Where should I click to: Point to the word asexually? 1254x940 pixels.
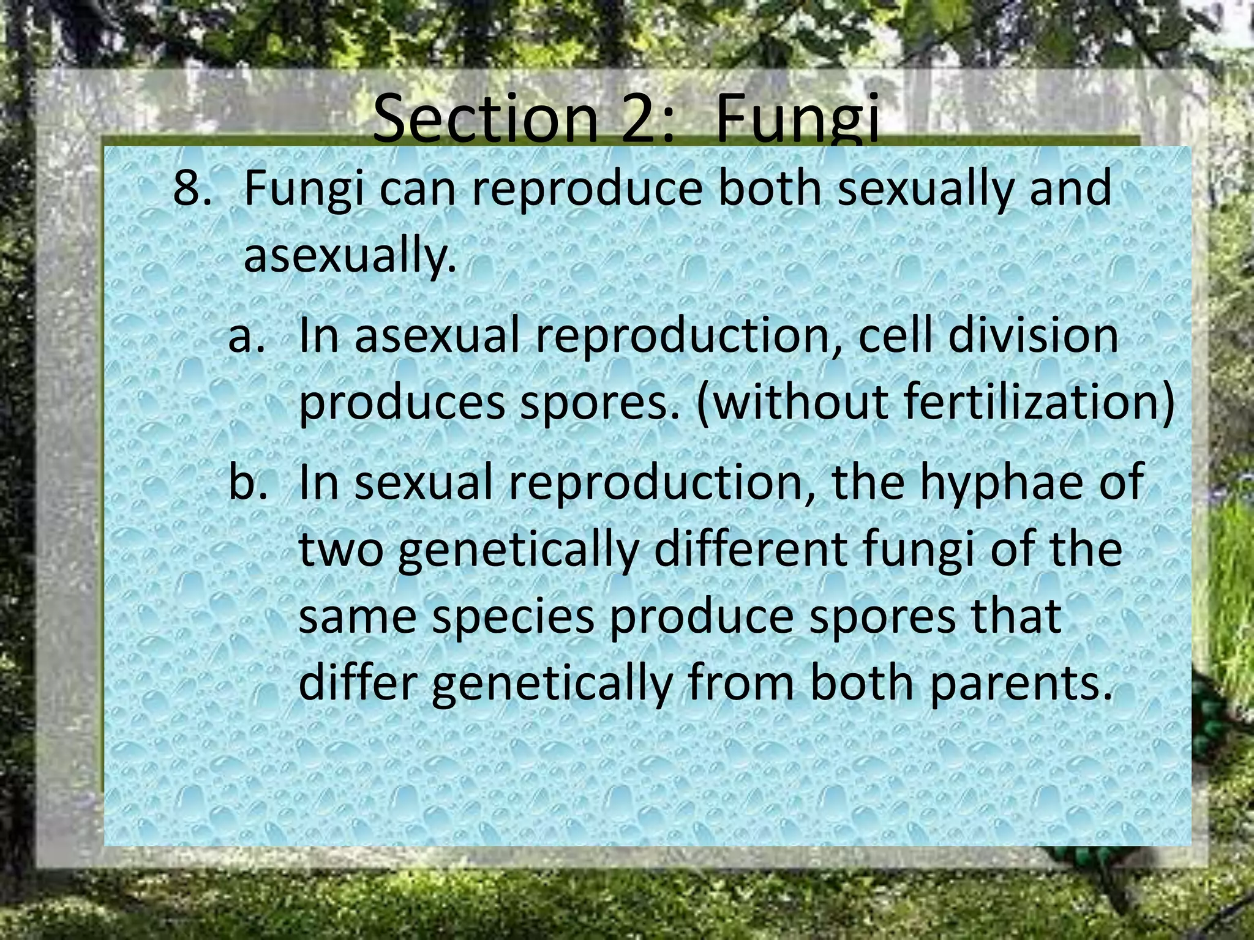point(350,256)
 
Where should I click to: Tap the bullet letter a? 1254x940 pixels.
point(246,337)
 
